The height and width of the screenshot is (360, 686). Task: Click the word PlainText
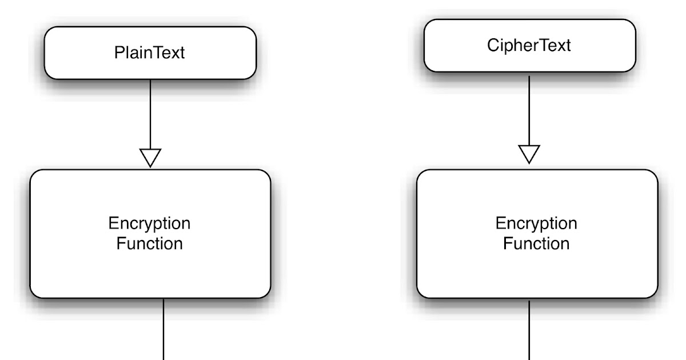[x=150, y=53]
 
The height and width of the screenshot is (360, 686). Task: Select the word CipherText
[x=529, y=46]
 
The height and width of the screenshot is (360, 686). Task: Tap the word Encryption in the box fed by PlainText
[x=150, y=223]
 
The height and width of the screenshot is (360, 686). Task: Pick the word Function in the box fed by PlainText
[x=150, y=243]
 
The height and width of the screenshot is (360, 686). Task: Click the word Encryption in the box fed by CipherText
[x=536, y=223]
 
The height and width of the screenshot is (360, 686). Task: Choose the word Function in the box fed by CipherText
[x=536, y=243]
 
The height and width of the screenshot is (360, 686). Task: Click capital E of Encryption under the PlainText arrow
[x=113, y=223]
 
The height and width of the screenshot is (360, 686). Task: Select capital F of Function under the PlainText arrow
[x=121, y=243]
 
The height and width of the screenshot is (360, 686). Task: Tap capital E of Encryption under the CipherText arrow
[x=500, y=223]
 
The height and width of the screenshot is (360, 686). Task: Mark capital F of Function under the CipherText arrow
[x=507, y=243]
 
